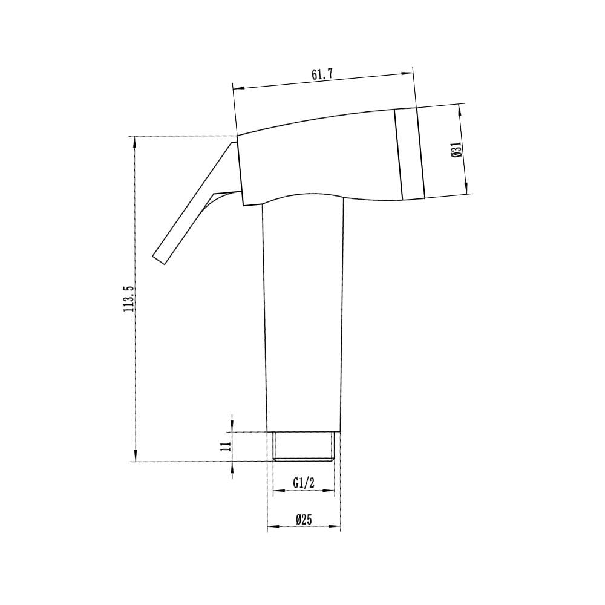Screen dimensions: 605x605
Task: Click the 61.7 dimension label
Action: click(322, 74)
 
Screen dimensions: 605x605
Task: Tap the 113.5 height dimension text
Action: click(128, 299)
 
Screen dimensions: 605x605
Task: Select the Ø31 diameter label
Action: click(457, 149)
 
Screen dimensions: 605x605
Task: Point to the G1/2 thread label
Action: click(304, 483)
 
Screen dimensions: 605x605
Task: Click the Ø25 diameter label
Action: click(304, 520)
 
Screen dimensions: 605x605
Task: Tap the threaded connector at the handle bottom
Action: click(304, 446)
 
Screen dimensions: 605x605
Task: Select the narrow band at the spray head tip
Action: click(410, 154)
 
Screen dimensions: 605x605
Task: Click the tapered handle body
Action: click(303, 316)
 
